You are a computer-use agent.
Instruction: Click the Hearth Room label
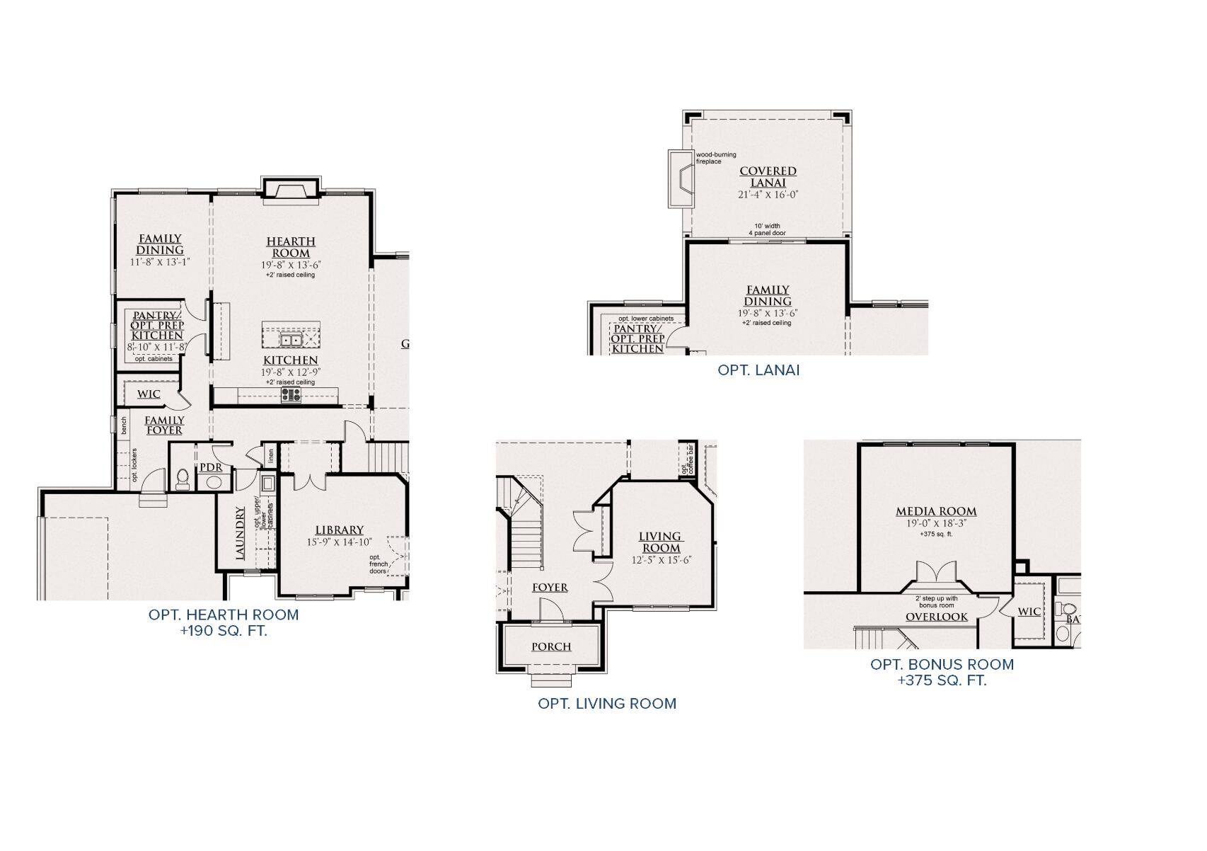(291, 247)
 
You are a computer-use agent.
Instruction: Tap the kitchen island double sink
(291, 341)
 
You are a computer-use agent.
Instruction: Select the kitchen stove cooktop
(291, 394)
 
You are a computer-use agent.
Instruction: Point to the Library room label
(340, 530)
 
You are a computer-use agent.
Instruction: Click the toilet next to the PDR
(182, 479)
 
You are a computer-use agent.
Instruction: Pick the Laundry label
(241, 533)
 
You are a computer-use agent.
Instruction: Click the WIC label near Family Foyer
(149, 394)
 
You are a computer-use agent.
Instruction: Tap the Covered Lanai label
(768, 176)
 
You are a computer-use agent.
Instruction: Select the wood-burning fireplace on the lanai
(680, 178)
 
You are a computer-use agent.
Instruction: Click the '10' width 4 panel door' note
(768, 229)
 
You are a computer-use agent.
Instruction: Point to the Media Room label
(936, 511)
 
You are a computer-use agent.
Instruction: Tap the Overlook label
(937, 617)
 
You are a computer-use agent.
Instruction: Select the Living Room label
(660, 542)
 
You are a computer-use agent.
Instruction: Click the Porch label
(551, 646)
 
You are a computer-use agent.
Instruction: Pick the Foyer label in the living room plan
(550, 588)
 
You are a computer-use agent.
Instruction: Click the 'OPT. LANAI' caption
(758, 370)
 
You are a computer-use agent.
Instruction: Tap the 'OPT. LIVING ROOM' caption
(607, 704)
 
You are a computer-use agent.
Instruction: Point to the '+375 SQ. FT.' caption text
(942, 680)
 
